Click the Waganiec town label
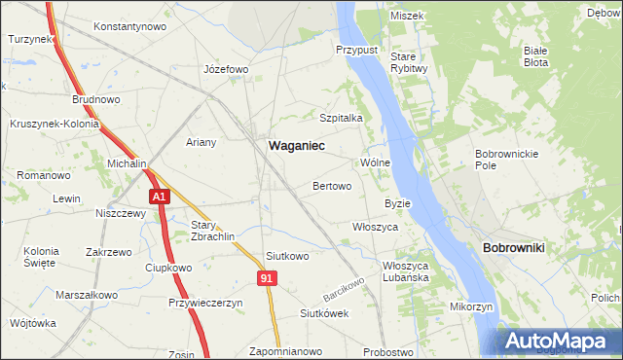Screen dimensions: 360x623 [x=296, y=145]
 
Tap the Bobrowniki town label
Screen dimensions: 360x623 [x=513, y=248]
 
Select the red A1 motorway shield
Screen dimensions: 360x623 [x=161, y=197]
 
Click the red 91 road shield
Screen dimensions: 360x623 [x=268, y=278]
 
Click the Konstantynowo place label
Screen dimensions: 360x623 [x=129, y=26]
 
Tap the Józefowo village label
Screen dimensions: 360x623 [x=226, y=70]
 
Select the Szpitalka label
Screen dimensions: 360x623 [x=341, y=118]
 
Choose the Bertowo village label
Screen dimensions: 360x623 [x=331, y=185]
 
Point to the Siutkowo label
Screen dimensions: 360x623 [x=287, y=257]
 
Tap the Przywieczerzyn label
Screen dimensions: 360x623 [x=204, y=303]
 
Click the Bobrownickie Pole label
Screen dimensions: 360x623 [x=499, y=160]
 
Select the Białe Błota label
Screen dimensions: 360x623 [x=536, y=55]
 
